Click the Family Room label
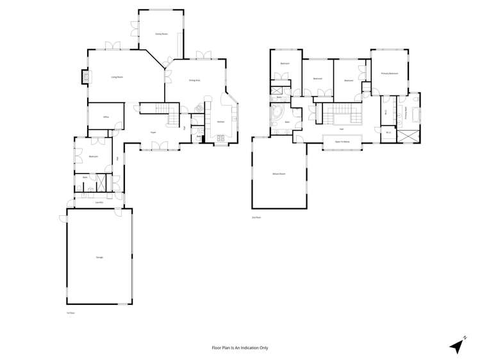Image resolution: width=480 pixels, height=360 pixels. (x=161, y=34)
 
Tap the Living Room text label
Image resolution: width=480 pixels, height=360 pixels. (x=117, y=77)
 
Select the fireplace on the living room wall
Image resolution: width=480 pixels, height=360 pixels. (x=83, y=77)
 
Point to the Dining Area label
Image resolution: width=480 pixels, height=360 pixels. (x=194, y=80)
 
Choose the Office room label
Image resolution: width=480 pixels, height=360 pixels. (x=106, y=117)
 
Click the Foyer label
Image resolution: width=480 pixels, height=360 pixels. (x=153, y=132)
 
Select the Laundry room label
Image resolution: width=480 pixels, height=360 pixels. (x=99, y=202)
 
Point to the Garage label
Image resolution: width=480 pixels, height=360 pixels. (x=99, y=257)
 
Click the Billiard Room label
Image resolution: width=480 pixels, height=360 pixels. (x=278, y=174)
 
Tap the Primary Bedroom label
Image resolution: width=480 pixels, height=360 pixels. (x=390, y=74)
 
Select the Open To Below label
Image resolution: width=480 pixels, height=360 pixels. (x=342, y=142)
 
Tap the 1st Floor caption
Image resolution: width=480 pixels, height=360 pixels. (x=70, y=313)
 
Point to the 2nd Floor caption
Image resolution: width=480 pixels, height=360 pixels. (x=256, y=218)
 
